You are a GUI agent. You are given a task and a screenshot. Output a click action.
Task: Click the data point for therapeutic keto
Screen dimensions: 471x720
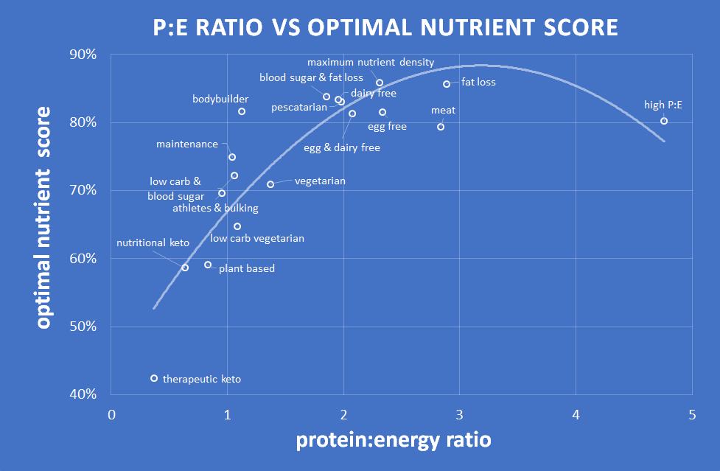154,378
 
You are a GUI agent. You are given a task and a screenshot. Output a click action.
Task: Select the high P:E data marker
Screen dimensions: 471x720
664,121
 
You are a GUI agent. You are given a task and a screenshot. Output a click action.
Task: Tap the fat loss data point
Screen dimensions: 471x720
447,84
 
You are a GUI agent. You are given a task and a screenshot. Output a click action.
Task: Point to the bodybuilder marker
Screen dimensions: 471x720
242,111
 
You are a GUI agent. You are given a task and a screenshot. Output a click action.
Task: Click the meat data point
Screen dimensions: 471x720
441,127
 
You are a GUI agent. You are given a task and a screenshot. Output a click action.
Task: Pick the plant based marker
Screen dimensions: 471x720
208,265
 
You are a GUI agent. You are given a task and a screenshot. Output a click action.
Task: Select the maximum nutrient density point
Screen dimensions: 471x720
380,83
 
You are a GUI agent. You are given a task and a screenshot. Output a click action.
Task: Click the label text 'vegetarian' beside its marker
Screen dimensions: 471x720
320,181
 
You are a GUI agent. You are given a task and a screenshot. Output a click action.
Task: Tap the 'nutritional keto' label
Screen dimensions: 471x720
153,243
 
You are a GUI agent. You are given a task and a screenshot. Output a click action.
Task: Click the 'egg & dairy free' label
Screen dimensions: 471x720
342,148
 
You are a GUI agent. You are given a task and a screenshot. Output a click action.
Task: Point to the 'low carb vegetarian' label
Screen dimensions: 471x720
257,238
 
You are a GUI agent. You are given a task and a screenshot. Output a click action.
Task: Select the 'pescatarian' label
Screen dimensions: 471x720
298,108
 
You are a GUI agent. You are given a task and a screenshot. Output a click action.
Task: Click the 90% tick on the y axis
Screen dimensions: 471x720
83,55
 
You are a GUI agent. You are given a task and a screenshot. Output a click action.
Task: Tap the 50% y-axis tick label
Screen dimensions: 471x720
83,327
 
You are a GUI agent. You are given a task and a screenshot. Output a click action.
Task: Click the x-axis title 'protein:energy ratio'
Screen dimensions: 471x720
393,440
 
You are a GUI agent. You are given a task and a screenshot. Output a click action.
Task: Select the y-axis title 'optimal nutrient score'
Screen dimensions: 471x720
44,217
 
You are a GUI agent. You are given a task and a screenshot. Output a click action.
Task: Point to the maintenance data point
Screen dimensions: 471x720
232,157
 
